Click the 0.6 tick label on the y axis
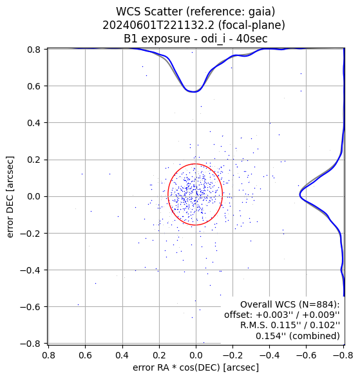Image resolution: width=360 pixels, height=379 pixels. tap(33, 86)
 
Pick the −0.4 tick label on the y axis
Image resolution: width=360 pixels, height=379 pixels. tap(30, 270)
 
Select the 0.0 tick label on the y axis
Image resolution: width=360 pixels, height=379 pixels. tap(33, 196)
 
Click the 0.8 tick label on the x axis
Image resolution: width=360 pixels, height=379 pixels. tap(49, 355)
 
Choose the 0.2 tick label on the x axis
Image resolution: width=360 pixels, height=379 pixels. tap(159, 355)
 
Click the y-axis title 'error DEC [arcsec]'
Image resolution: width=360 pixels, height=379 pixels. tap(10, 197)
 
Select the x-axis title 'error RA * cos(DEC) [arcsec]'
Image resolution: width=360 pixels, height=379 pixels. tap(196, 367)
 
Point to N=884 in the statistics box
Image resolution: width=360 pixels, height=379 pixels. tap(318, 304)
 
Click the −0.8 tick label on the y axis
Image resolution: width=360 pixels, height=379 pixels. tap(30, 343)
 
